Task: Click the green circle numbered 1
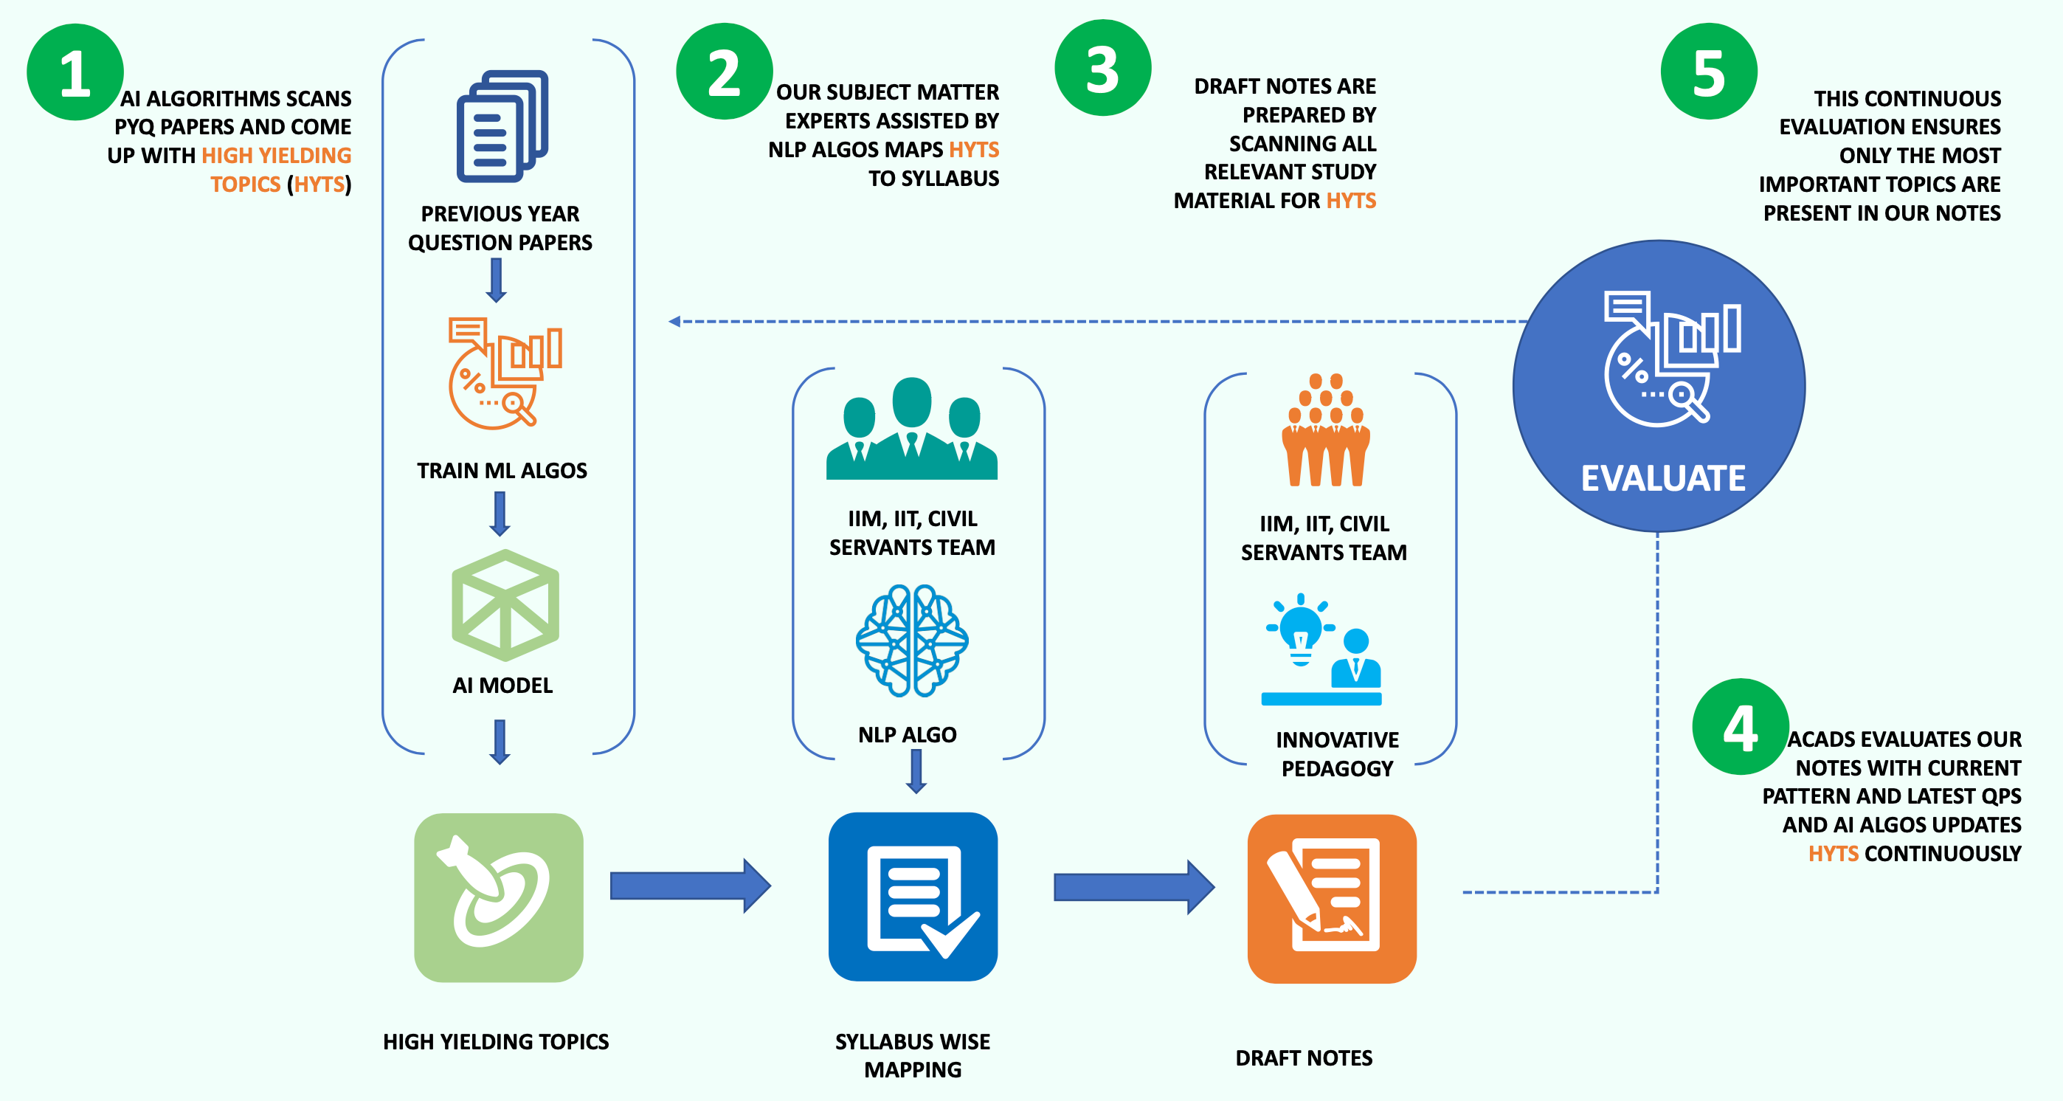[x=75, y=72]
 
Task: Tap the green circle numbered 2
[x=724, y=72]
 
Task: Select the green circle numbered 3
[x=1103, y=68]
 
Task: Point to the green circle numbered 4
[x=1741, y=727]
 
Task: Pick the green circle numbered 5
[x=1709, y=72]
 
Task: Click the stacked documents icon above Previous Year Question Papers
[x=502, y=125]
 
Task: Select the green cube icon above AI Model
[x=505, y=604]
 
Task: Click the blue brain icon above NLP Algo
[x=912, y=640]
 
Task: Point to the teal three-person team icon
[x=911, y=429]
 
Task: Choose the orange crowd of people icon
[x=1325, y=430]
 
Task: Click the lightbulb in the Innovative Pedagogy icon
[x=1301, y=629]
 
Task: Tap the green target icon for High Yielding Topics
[x=498, y=897]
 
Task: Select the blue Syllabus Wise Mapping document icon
[x=913, y=897]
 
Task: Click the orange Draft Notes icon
[x=1332, y=898]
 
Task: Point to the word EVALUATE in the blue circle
[x=1662, y=478]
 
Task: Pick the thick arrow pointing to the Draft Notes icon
[x=1133, y=887]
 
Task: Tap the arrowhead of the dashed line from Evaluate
[x=674, y=321]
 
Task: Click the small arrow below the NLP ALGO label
[x=916, y=773]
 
